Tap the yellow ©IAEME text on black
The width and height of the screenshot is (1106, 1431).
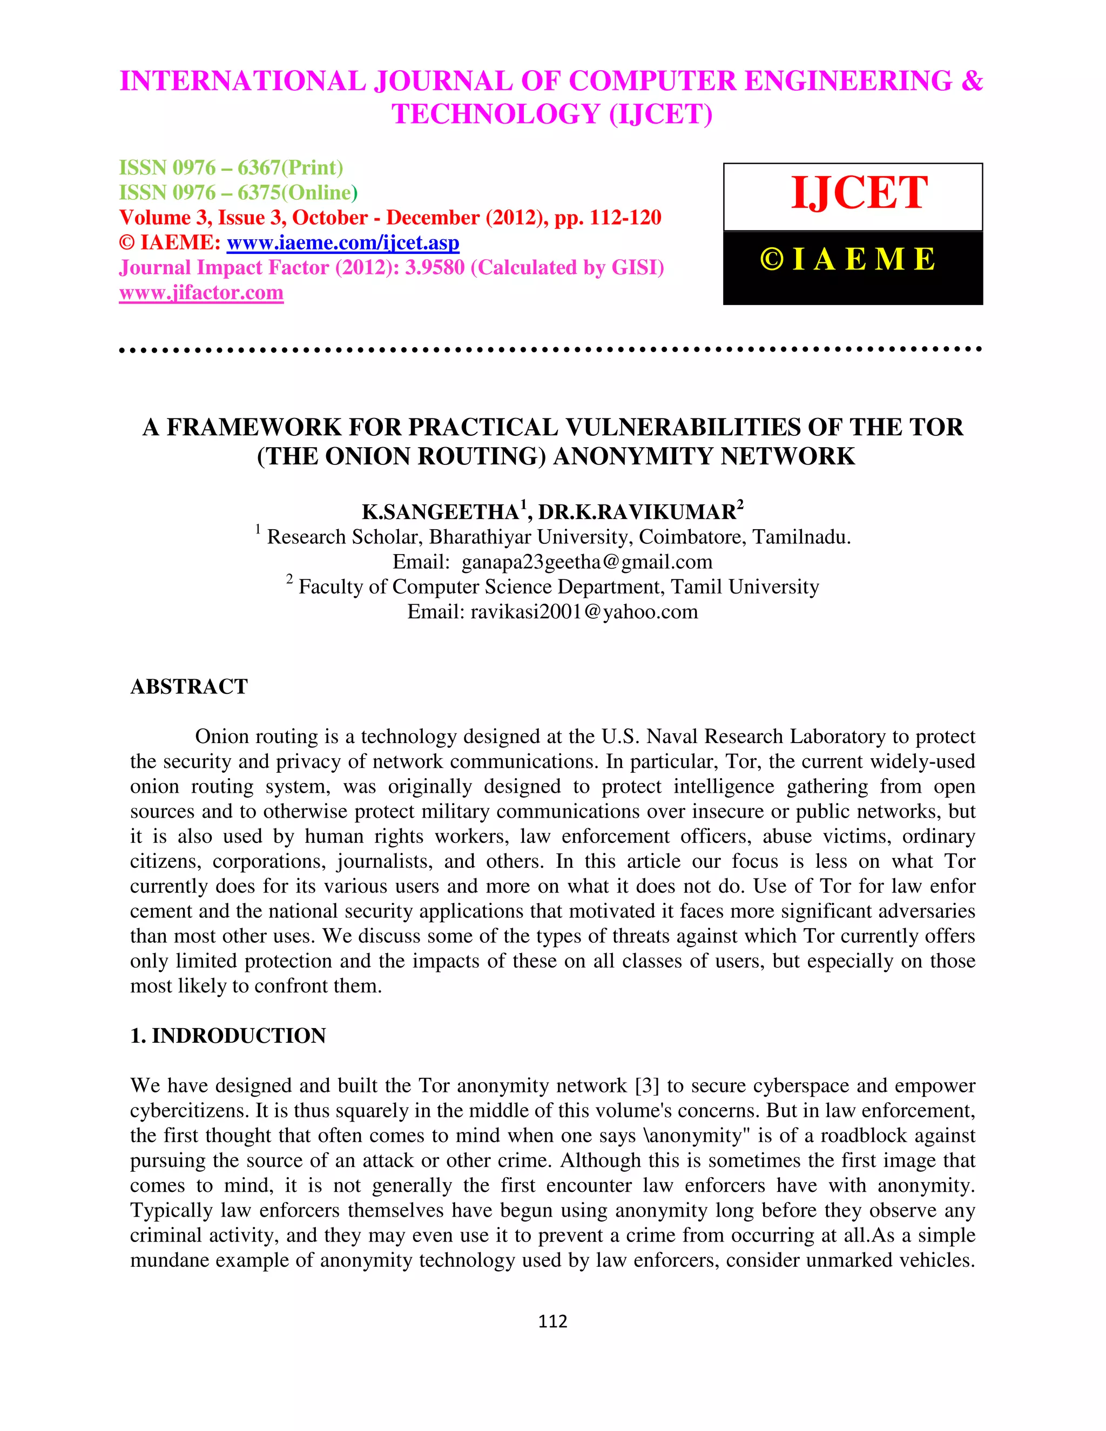(848, 259)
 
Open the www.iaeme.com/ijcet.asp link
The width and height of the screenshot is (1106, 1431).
(343, 243)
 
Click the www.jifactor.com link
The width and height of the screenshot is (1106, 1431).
(201, 293)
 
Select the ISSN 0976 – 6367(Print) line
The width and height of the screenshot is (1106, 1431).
(231, 168)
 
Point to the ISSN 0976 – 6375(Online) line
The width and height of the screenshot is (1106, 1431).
(238, 193)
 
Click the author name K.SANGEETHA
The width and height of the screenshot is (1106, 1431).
(440, 512)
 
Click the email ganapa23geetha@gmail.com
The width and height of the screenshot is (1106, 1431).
(586, 562)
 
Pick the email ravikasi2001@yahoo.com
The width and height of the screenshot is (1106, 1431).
(584, 612)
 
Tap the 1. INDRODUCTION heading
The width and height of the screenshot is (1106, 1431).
(228, 1036)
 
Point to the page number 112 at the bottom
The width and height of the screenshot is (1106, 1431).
(552, 1321)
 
